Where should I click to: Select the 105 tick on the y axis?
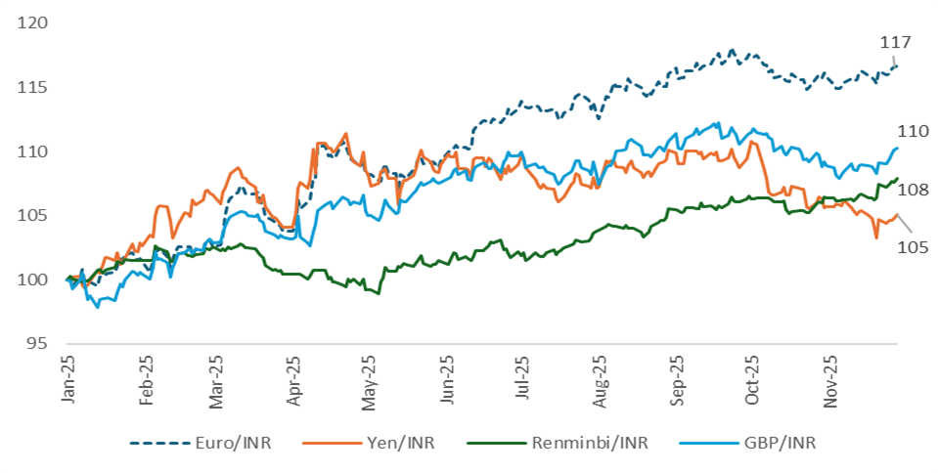click(x=32, y=216)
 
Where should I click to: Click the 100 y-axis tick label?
click(x=32, y=280)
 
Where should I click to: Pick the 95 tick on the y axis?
click(x=37, y=344)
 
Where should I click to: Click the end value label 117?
click(x=895, y=42)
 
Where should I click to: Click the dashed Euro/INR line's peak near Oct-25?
click(x=732, y=50)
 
